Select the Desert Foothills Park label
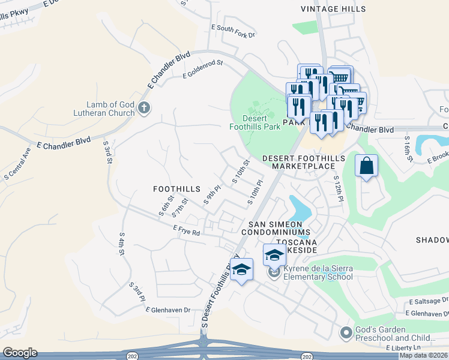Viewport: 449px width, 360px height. point(255,122)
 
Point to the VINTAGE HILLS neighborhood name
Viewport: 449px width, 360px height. point(333,10)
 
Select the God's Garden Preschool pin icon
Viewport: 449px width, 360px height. point(346,332)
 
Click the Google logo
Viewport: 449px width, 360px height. point(19,353)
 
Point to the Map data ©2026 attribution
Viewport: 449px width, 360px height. point(423,355)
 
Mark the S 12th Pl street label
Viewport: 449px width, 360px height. point(338,187)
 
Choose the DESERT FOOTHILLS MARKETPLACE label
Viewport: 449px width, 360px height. point(304,163)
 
